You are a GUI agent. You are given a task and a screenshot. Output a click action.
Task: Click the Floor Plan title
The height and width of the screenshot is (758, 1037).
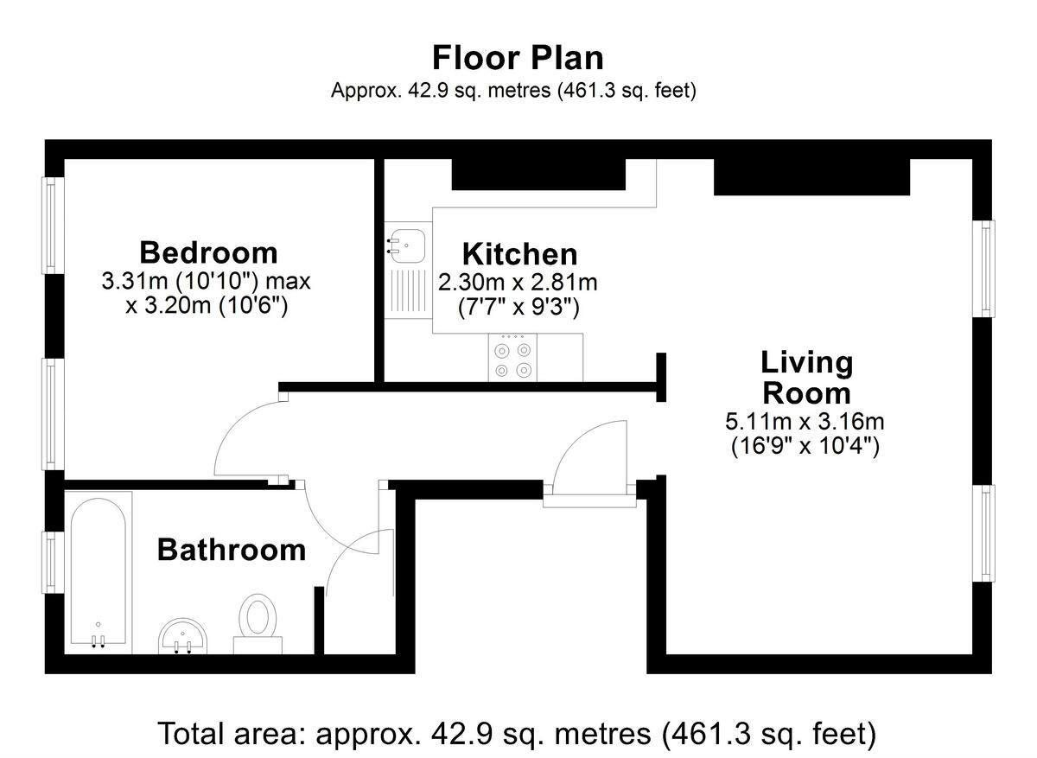(518, 58)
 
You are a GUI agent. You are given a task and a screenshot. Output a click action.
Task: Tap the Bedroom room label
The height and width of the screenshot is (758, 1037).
(208, 252)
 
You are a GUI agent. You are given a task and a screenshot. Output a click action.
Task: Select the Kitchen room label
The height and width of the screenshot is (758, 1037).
(519, 254)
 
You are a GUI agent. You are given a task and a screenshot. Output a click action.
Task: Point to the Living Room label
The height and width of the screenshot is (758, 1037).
(805, 378)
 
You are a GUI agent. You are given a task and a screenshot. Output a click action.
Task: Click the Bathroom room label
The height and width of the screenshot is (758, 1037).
(231, 549)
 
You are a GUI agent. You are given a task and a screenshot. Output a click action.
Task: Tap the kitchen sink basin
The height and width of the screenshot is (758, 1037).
(404, 245)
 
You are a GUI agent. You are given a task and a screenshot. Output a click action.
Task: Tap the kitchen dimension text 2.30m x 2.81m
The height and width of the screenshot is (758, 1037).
(518, 282)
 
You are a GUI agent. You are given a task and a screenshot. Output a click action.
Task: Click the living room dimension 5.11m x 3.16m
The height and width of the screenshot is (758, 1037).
(805, 423)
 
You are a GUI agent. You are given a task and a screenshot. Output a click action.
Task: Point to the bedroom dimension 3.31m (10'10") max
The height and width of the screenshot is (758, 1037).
(206, 281)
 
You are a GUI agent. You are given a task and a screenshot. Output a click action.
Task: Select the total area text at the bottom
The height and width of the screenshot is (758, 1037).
(517, 733)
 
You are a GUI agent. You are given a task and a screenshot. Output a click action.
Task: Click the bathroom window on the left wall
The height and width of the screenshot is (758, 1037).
(52, 563)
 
